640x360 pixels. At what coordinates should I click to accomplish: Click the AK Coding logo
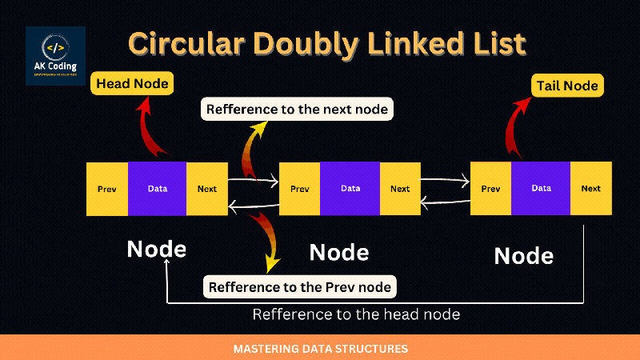click(55, 57)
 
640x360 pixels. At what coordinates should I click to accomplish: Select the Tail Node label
click(568, 85)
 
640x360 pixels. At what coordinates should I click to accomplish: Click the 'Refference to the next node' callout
click(297, 110)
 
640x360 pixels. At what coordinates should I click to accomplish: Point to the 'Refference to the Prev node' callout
click(301, 286)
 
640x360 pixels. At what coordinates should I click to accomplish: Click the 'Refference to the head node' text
click(356, 314)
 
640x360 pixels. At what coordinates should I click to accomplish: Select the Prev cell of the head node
click(107, 189)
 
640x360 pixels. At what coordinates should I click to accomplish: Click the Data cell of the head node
click(158, 189)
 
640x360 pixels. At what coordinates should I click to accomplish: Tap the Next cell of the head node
click(206, 189)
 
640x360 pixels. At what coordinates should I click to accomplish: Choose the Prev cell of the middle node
click(300, 189)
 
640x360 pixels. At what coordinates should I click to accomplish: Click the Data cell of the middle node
click(350, 189)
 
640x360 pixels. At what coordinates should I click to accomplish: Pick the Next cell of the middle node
click(400, 189)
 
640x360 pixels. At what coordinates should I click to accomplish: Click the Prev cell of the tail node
click(491, 189)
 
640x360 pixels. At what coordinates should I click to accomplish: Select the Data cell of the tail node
click(542, 189)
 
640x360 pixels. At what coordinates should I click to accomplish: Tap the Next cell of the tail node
click(591, 189)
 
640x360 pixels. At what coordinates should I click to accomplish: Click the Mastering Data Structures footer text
click(320, 349)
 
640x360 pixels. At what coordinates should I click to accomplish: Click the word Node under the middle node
click(339, 253)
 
